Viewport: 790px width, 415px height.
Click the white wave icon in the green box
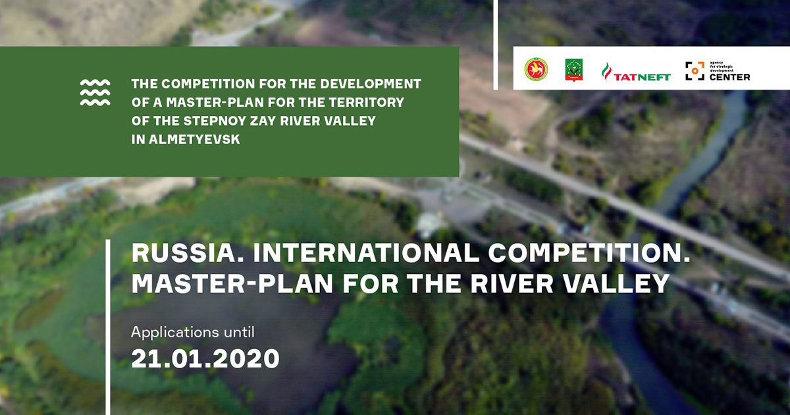[x=95, y=92]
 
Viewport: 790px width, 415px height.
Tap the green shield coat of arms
[x=573, y=69]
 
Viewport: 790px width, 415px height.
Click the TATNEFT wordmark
[x=642, y=76]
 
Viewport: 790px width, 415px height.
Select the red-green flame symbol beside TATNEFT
[x=606, y=71]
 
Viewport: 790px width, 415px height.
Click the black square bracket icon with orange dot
[x=695, y=70]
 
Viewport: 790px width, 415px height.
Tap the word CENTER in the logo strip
[x=729, y=77]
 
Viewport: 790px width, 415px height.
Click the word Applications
[x=174, y=333]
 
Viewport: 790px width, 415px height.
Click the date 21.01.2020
[x=205, y=359]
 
